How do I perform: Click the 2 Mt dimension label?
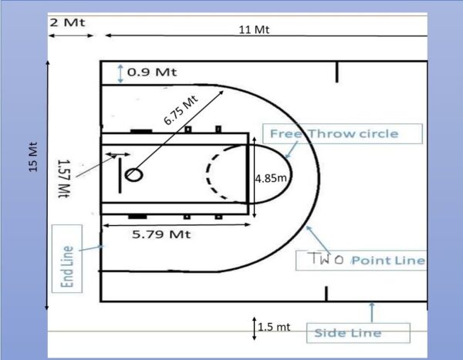point(67,22)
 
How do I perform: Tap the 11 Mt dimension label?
point(254,29)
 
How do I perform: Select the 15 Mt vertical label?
point(33,157)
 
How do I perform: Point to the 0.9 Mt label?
point(152,72)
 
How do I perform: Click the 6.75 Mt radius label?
point(181,110)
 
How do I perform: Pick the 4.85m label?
point(271,178)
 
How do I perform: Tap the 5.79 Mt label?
point(161,234)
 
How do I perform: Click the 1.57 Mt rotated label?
point(64,179)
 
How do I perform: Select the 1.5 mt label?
point(274,327)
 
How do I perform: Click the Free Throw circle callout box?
point(343,133)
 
